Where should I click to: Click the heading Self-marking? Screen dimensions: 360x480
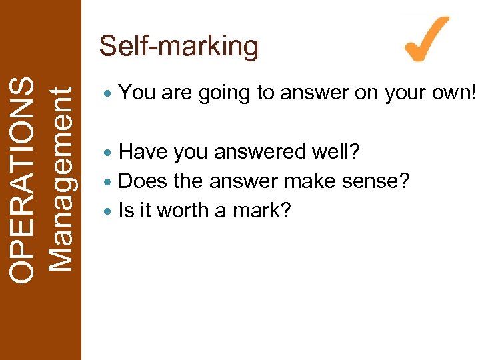click(x=178, y=47)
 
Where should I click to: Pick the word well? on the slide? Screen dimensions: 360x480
click(x=337, y=152)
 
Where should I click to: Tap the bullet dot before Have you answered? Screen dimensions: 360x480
click(x=109, y=153)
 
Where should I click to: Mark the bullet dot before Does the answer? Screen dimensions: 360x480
click(x=109, y=182)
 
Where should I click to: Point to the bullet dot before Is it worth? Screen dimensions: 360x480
click(x=109, y=211)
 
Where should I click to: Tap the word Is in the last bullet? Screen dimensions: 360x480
click(x=125, y=211)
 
